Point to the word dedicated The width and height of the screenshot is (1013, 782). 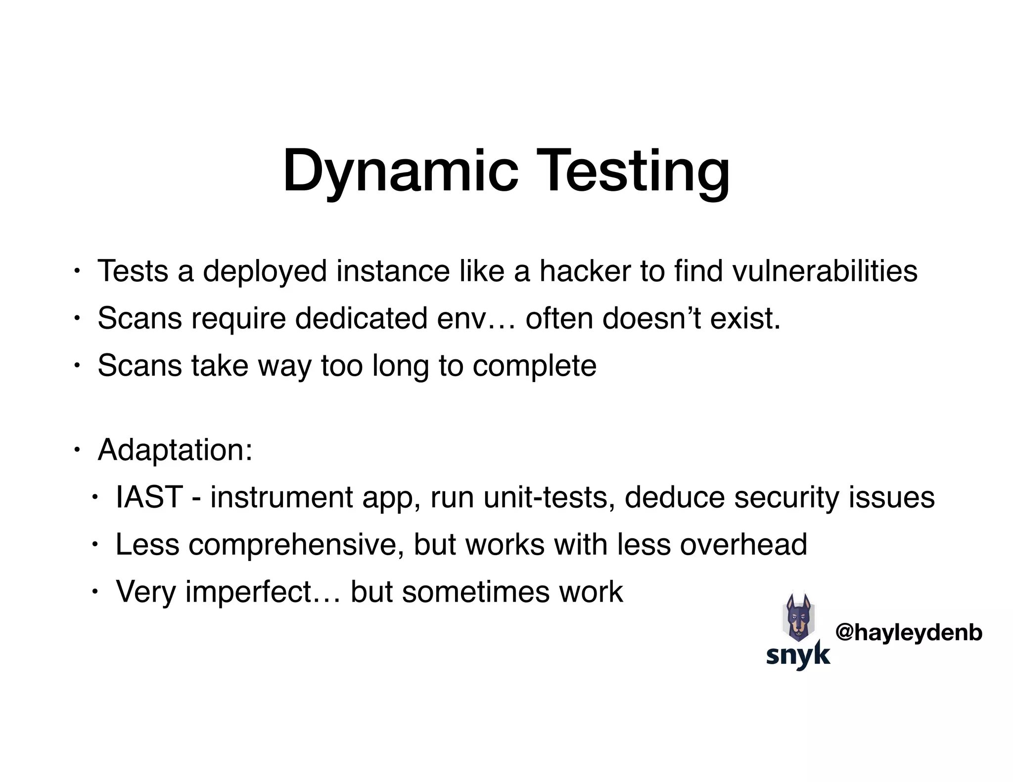361,318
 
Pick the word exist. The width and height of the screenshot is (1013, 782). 745,318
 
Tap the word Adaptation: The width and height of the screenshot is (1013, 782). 175,450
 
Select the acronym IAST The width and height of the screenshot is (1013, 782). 149,497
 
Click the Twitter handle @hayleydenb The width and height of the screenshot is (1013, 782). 909,632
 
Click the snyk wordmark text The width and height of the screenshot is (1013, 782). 798,655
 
